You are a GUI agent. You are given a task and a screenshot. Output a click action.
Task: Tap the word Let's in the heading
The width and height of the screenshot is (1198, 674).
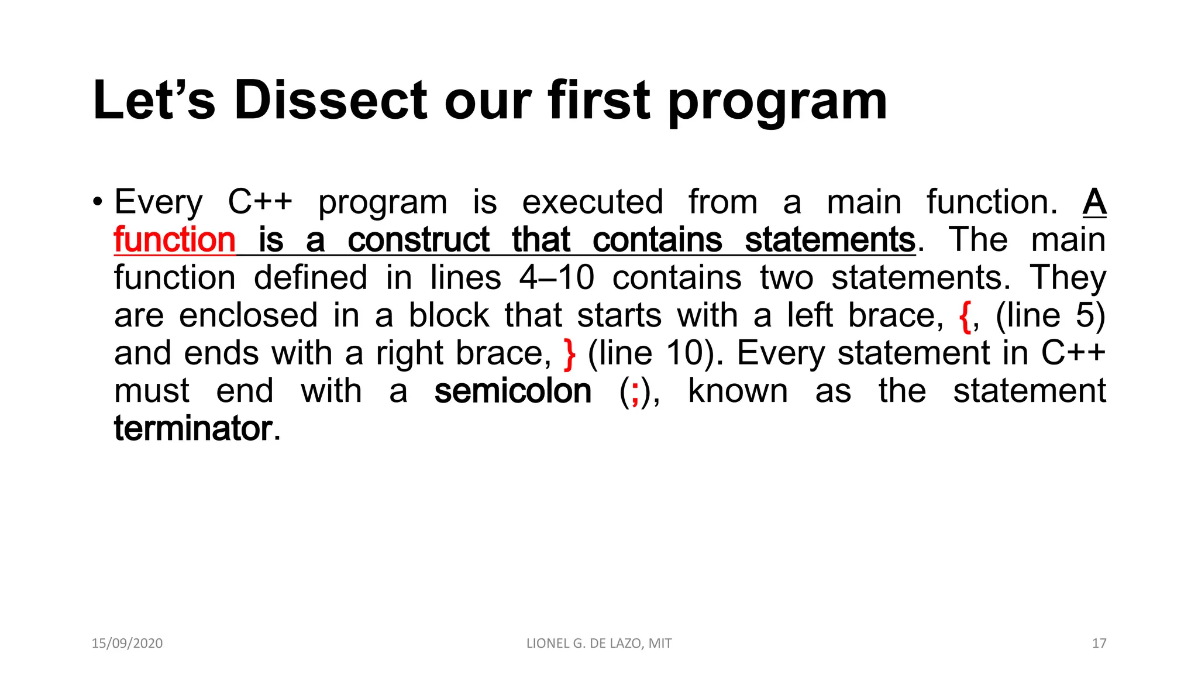click(154, 100)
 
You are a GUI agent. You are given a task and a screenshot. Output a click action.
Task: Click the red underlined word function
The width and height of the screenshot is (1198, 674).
click(174, 240)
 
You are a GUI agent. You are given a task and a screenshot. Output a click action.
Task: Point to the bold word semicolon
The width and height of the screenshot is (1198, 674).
click(513, 391)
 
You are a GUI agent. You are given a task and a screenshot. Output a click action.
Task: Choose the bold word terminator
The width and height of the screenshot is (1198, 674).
click(193, 428)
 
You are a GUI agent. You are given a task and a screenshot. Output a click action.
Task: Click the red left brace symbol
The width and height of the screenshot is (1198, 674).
click(965, 317)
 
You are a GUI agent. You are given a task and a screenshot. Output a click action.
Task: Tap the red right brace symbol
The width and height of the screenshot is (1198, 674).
click(569, 354)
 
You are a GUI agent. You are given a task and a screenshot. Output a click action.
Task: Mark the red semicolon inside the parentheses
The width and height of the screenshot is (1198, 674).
click(635, 392)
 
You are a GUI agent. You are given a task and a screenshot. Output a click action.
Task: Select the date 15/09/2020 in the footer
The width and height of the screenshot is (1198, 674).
click(127, 644)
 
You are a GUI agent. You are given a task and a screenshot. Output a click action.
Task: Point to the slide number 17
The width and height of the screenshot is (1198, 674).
click(1099, 644)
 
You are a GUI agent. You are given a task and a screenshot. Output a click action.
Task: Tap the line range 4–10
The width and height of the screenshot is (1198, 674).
click(556, 277)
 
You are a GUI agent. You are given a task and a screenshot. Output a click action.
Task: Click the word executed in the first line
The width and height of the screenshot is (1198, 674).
click(593, 202)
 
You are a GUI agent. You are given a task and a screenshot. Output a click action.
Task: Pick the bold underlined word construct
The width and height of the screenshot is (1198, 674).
click(418, 240)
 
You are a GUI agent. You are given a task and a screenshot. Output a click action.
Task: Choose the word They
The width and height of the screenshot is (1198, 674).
click(1068, 277)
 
